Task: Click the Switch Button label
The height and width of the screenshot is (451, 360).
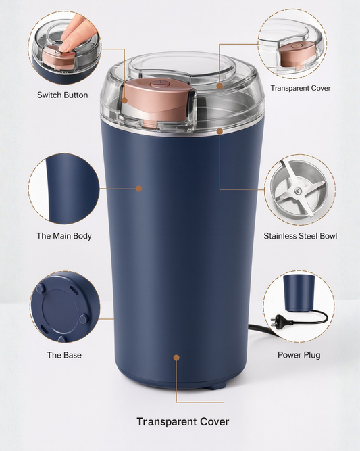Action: point(62,95)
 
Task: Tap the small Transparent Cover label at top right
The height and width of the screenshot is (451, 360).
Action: point(301,88)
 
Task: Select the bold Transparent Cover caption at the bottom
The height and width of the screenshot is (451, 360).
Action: point(182,422)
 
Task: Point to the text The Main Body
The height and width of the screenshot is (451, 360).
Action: point(63,236)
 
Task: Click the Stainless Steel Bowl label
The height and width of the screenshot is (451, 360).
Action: point(300,236)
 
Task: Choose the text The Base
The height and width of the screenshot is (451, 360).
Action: point(63,355)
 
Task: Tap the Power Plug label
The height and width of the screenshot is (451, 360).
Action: point(299,355)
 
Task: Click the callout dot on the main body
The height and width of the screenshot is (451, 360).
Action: point(139,189)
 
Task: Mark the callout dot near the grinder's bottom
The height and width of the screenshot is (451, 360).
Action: point(176,358)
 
